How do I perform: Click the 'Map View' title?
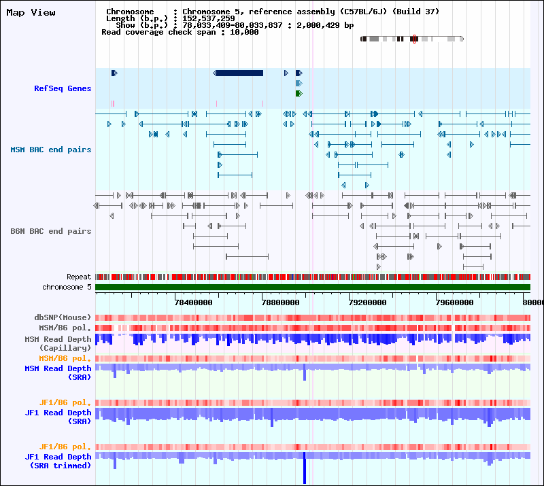pos(31,13)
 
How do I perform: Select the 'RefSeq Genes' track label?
pos(63,88)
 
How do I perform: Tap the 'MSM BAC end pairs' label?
pos(50,150)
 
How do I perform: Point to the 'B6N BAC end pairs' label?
pos(50,231)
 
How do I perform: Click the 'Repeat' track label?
pos(79,277)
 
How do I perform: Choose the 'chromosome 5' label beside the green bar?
pos(67,287)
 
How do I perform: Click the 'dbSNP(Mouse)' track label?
pos(63,317)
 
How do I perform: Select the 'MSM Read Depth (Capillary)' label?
pos(58,343)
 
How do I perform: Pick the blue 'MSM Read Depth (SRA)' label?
pos(58,372)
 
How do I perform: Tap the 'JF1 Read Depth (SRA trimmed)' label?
pos(58,461)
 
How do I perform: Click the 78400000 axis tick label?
pos(193,302)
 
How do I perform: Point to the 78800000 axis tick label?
pos(280,302)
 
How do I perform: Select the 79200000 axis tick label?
pos(367,302)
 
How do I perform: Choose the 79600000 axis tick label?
pos(454,302)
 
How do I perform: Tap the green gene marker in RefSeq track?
pos(299,93)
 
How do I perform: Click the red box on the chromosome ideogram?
pos(414,39)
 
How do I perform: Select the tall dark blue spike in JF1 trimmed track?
pos(305,468)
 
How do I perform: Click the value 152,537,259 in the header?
pos(209,18)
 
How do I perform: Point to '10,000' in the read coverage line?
pos(244,32)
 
